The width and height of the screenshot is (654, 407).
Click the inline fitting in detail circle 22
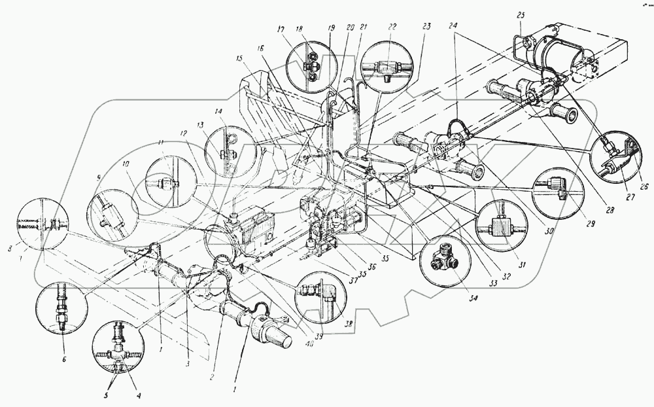click(388, 67)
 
